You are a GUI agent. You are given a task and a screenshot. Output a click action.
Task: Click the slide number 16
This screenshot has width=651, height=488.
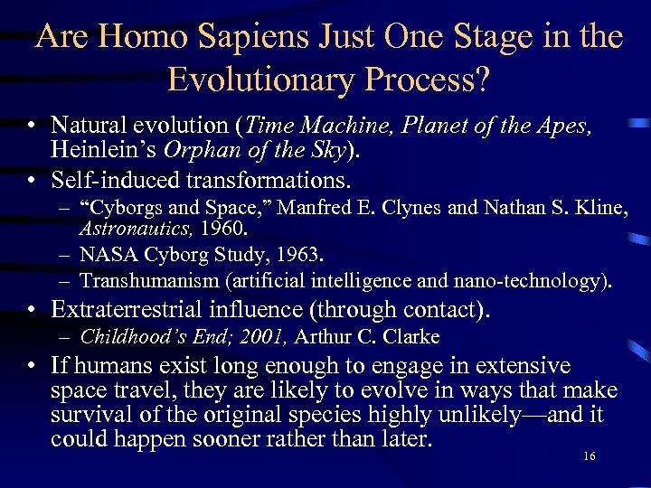click(590, 457)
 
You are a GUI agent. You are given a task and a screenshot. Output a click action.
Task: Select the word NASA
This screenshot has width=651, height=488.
click(107, 257)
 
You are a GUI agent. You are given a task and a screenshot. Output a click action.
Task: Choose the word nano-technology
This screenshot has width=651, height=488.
click(533, 282)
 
